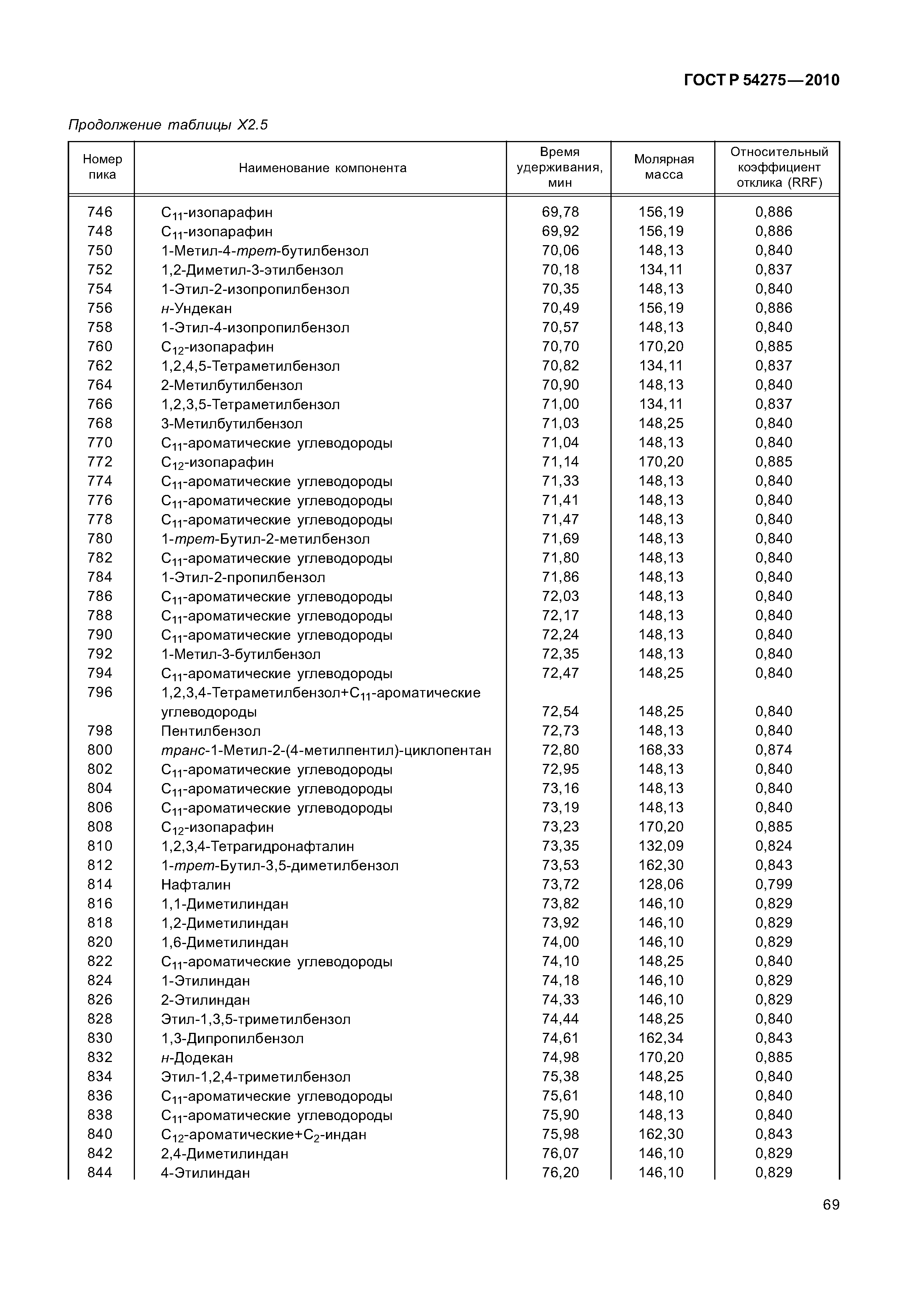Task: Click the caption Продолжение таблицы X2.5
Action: coord(168,124)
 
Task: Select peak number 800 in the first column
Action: coord(100,750)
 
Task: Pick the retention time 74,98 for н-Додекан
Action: coord(560,1057)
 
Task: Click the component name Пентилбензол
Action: coord(211,731)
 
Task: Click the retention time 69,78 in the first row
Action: coord(560,212)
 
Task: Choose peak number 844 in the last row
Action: coord(100,1173)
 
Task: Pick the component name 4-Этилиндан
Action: coord(205,1173)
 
